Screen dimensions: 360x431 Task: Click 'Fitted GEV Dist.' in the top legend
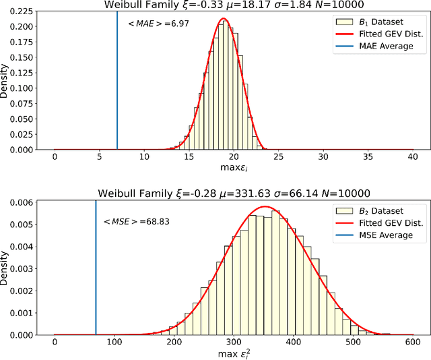393,34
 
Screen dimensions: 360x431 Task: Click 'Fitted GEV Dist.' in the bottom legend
393,222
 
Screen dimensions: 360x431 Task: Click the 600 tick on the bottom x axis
413,342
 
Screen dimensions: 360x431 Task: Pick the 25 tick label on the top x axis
278,156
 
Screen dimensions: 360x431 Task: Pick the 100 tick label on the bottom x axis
114,342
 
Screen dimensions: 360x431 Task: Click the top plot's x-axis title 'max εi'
233,167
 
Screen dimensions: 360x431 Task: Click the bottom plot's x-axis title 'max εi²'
233,353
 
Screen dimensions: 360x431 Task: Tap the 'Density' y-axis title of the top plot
5,80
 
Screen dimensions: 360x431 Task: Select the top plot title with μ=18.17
233,5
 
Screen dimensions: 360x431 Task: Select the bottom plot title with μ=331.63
233,193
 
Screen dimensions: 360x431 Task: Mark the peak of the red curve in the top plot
224,18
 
